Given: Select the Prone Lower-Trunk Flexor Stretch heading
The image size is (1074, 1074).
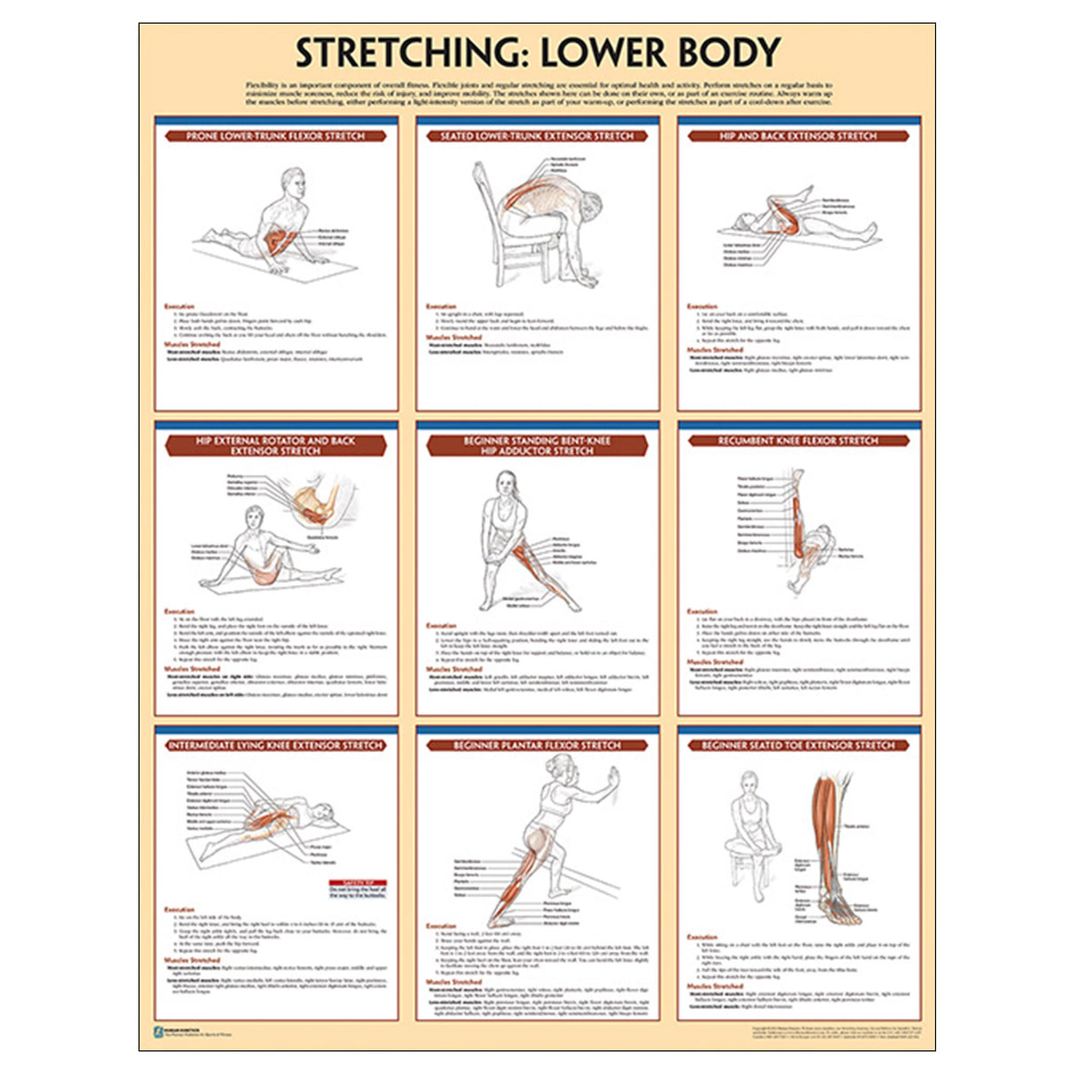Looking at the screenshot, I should pyautogui.click(x=275, y=136).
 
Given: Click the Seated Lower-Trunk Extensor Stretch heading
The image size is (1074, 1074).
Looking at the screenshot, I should pyautogui.click(x=537, y=136).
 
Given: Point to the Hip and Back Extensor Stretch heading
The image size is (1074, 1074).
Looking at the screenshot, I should pyautogui.click(x=798, y=136).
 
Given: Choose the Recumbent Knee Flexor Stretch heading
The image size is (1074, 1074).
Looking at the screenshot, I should pyautogui.click(x=798, y=441).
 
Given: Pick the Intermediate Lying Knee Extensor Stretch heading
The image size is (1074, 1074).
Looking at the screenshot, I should pyautogui.click(x=275, y=746).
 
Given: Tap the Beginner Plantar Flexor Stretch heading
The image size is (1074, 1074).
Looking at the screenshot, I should pyautogui.click(x=537, y=746).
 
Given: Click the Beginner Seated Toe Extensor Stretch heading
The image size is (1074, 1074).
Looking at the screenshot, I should pyautogui.click(x=798, y=746).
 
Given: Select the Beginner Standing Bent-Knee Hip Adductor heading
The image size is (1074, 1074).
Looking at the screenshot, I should pyautogui.click(x=537, y=446).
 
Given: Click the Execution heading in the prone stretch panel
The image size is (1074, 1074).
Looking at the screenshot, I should pyautogui.click(x=179, y=306).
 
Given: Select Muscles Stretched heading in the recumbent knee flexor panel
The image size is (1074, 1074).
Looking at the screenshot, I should pyautogui.click(x=715, y=662).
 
